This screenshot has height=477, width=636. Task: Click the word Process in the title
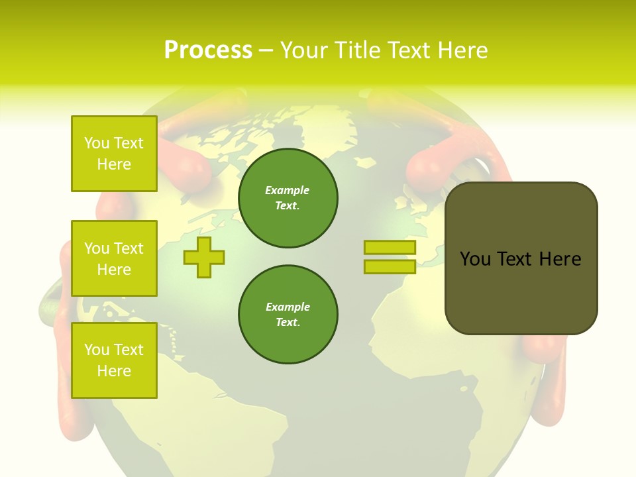coord(208,50)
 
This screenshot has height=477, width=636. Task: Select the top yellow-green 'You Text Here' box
coord(114,154)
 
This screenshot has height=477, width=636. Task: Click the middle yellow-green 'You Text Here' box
coord(114,258)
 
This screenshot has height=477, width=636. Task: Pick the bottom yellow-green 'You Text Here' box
coord(114,360)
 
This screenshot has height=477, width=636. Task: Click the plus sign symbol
coord(204,257)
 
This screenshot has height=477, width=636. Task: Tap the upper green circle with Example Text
coord(288,198)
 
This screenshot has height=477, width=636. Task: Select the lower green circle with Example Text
coord(288,315)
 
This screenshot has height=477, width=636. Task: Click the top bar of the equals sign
coord(390,248)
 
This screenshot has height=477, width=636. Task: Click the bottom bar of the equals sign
coord(390,267)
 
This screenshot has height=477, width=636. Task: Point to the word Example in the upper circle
coord(288,190)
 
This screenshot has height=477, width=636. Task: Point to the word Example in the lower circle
coord(288,307)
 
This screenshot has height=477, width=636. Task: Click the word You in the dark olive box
coord(475,259)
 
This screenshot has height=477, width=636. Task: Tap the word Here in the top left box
coord(114,164)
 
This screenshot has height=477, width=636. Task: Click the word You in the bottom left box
coord(97,350)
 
